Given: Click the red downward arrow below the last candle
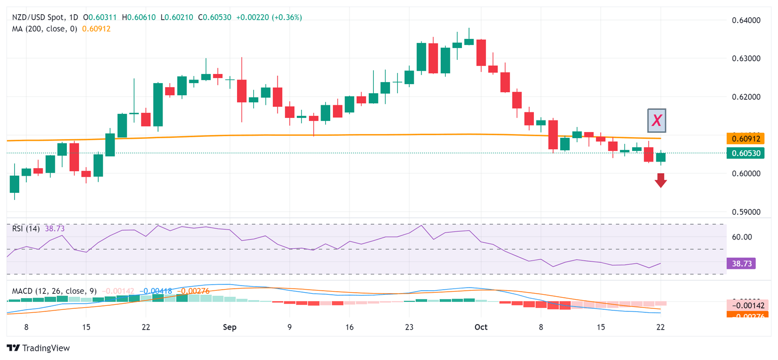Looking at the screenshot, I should (x=660, y=180).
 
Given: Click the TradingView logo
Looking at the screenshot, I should (x=38, y=348).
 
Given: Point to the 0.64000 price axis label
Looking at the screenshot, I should (x=746, y=20).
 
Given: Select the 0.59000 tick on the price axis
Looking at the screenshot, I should (x=746, y=212).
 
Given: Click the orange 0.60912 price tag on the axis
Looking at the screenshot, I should (x=746, y=138).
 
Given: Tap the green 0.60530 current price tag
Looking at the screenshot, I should (x=746, y=153).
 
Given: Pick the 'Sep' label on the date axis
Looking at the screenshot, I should (x=229, y=327).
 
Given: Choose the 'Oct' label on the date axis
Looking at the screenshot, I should (x=481, y=327).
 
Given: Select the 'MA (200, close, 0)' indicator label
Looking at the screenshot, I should (x=45, y=29).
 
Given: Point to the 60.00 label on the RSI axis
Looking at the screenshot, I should (x=743, y=236).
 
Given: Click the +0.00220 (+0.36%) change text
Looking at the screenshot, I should (x=274, y=17).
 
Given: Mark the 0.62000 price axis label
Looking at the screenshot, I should (x=746, y=97).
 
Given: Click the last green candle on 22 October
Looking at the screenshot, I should (x=660, y=157).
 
